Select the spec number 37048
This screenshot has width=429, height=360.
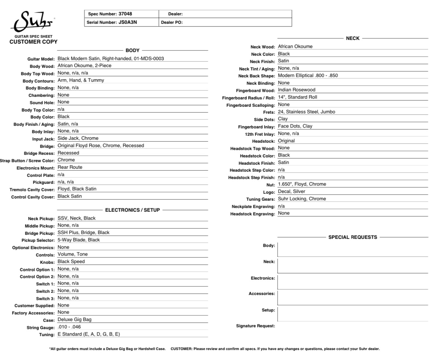click(x=125, y=14)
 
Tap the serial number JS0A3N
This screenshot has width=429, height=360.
click(x=128, y=22)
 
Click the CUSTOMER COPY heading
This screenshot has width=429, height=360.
click(x=33, y=42)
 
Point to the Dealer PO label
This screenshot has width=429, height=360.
click(x=172, y=22)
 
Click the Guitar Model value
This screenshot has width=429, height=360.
click(x=113, y=58)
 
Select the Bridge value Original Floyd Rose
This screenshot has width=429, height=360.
click(x=100, y=146)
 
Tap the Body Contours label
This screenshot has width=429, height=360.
click(x=38, y=81)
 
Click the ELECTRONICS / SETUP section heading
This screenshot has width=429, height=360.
click(x=132, y=210)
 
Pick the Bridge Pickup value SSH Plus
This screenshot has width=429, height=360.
click(x=83, y=233)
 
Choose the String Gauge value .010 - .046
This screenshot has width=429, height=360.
click(x=69, y=327)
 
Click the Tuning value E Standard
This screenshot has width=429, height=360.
click(x=88, y=334)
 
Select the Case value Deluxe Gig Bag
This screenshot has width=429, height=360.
click(x=74, y=320)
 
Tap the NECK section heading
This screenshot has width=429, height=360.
click(x=353, y=38)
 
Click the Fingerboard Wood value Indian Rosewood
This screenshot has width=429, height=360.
click(x=296, y=90)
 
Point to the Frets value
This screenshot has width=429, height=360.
click(x=306, y=112)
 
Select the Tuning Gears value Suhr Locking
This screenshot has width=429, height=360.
click(x=302, y=199)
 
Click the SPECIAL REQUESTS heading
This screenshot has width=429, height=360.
click(x=352, y=237)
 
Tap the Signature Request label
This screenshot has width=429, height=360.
click(x=255, y=326)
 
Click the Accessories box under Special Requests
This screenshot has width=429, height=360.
click(x=352, y=298)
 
